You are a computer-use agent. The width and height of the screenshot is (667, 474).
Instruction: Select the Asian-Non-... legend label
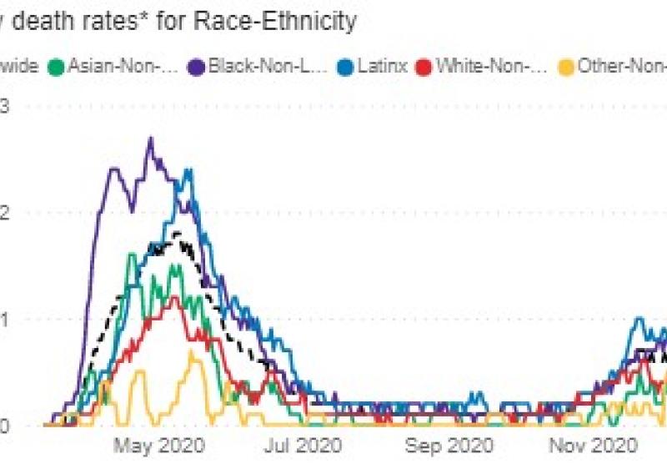point(124,66)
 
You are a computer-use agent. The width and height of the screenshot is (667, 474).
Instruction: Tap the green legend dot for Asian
point(58,66)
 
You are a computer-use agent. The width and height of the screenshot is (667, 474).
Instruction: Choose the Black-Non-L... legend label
point(257,66)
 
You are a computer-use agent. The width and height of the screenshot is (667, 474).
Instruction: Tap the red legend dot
point(424,66)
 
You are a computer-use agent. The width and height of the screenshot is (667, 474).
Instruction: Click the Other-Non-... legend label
point(620,66)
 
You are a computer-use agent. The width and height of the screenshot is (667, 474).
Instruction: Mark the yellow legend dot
point(566,66)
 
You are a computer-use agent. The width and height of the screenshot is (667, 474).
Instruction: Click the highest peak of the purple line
point(150,139)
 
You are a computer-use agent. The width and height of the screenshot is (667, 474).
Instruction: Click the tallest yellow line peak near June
point(192,351)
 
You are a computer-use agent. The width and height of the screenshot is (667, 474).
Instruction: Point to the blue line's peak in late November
point(639,318)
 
